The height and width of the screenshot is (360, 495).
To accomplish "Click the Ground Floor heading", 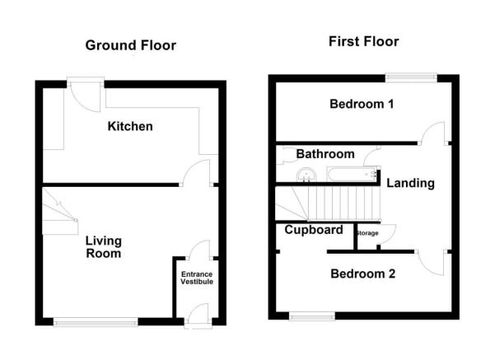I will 130,45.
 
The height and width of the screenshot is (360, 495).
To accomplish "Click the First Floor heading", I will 363,41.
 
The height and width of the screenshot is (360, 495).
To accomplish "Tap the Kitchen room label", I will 129,127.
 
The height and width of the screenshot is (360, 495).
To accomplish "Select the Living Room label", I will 104,247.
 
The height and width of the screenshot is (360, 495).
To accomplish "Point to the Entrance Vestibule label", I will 197,278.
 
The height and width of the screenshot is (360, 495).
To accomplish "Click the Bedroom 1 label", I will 362,105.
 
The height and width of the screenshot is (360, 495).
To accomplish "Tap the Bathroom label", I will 325,154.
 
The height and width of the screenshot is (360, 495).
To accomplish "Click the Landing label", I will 410,183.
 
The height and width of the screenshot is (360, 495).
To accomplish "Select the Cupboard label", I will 314,230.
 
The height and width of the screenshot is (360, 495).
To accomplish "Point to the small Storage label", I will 367,234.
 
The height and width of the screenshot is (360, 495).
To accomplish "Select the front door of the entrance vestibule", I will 198,315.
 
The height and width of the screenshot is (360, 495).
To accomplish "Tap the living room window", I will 96,322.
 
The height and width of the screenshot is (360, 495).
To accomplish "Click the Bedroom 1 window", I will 410,77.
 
